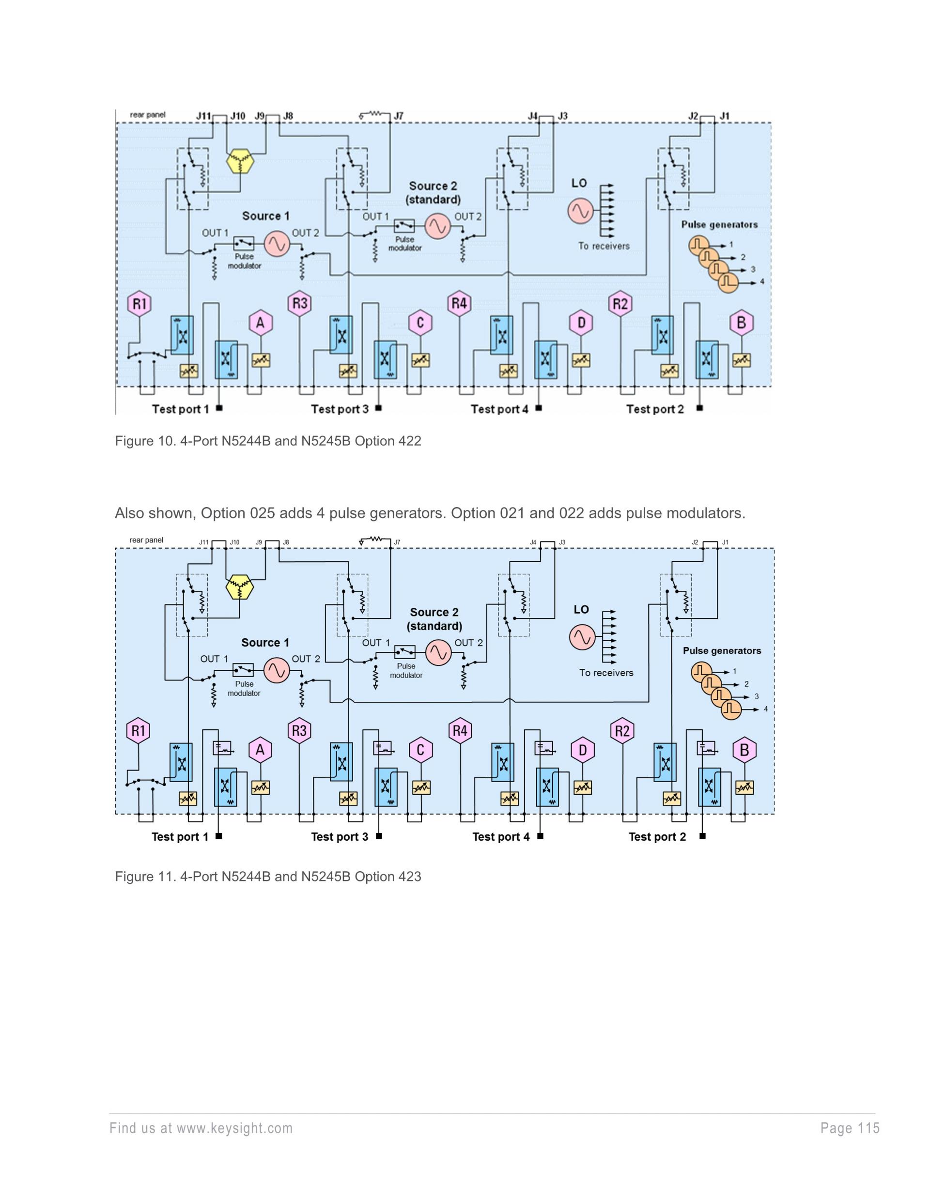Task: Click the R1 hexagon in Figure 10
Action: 139,304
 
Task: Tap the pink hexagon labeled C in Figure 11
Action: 420,750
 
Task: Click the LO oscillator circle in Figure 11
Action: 582,637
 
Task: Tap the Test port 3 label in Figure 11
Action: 340,837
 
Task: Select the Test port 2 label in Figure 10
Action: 655,409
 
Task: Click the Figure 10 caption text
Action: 268,441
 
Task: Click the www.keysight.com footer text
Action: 235,1128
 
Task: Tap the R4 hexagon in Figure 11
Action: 460,731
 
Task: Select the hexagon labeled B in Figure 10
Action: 741,323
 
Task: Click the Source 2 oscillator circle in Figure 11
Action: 438,652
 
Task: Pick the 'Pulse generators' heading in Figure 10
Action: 719,225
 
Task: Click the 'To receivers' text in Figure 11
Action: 606,673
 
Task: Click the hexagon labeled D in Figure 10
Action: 581,323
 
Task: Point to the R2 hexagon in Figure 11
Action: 622,731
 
